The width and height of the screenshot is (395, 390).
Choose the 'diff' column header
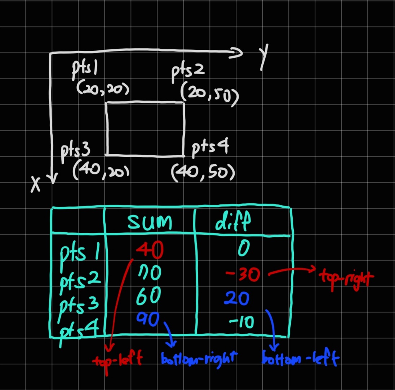point(232,222)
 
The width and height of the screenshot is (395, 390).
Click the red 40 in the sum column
point(150,250)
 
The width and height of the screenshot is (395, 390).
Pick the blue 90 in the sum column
point(148,319)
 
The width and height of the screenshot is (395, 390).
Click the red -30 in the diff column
point(243,275)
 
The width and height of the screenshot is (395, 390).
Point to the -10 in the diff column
point(242,322)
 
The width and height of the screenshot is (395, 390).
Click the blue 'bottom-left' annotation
point(300,359)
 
